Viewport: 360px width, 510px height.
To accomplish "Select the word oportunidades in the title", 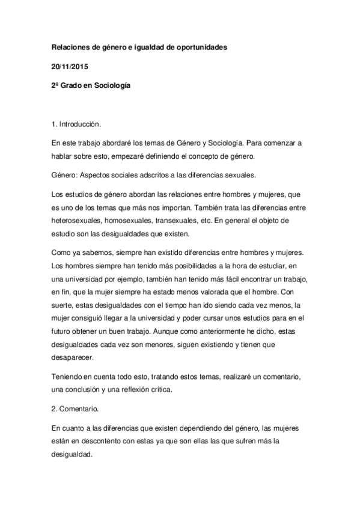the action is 198,47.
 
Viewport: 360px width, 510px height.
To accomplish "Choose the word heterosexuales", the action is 78,220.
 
